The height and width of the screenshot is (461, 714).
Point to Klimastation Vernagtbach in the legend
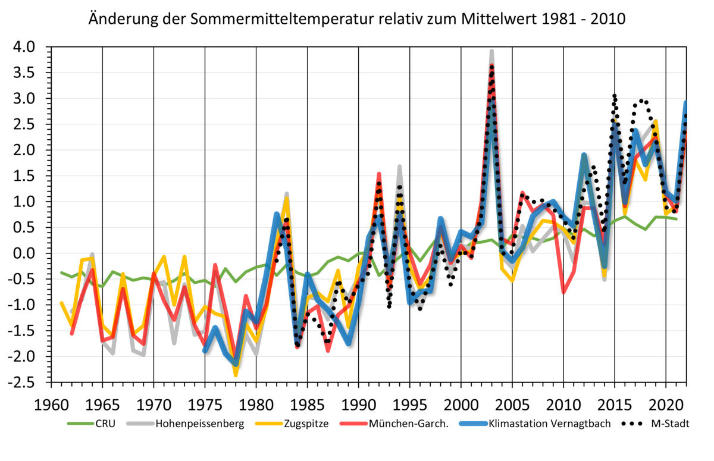(x=549, y=424)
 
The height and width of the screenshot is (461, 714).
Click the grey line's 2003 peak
(x=491, y=52)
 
